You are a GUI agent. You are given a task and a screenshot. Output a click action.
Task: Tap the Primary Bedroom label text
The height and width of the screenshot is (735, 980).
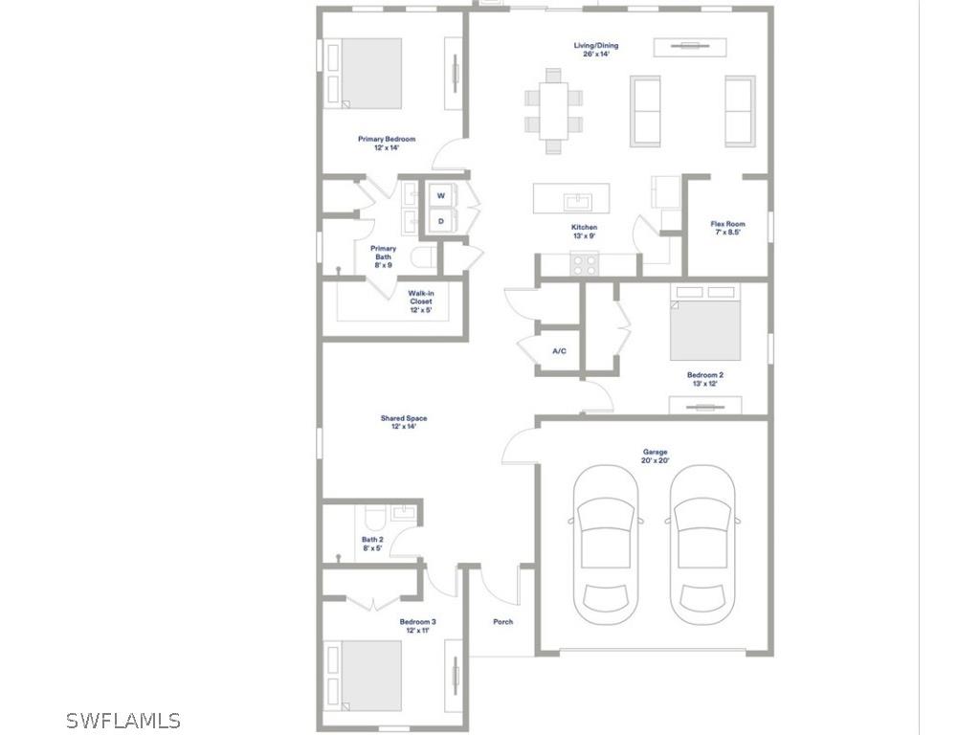(x=387, y=144)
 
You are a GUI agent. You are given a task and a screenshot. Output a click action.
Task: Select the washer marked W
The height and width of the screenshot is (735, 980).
(x=441, y=195)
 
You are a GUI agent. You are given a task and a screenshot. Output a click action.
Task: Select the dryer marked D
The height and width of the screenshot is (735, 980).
(x=441, y=221)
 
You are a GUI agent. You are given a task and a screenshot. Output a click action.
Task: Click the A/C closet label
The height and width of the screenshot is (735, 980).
(x=559, y=351)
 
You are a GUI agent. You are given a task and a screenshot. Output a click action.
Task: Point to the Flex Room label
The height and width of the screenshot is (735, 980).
(x=727, y=228)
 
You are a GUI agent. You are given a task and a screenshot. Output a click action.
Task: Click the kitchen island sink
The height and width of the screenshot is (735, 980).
(x=577, y=201)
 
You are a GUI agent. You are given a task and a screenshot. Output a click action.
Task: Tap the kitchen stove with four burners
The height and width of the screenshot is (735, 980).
(x=585, y=264)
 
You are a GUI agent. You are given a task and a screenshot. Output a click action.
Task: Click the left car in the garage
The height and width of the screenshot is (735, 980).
(x=606, y=545)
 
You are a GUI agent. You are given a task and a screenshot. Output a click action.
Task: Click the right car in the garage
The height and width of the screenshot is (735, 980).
(x=703, y=545)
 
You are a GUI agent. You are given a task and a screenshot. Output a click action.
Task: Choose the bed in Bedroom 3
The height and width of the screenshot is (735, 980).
(x=371, y=676)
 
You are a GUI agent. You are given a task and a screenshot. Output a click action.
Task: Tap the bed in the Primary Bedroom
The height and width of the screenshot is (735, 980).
(x=371, y=73)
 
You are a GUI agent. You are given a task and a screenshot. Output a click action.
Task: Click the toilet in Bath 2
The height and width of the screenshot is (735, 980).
(x=374, y=518)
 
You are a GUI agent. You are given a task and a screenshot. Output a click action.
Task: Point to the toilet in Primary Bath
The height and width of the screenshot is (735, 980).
(x=424, y=256)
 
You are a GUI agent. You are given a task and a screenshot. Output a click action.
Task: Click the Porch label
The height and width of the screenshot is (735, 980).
(x=502, y=622)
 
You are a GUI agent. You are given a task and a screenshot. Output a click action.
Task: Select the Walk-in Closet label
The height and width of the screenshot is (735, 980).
(x=420, y=301)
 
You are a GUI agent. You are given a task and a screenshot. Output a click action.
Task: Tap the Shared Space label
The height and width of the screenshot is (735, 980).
(x=403, y=422)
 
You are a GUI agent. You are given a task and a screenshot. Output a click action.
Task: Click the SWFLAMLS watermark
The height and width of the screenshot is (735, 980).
(x=123, y=721)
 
